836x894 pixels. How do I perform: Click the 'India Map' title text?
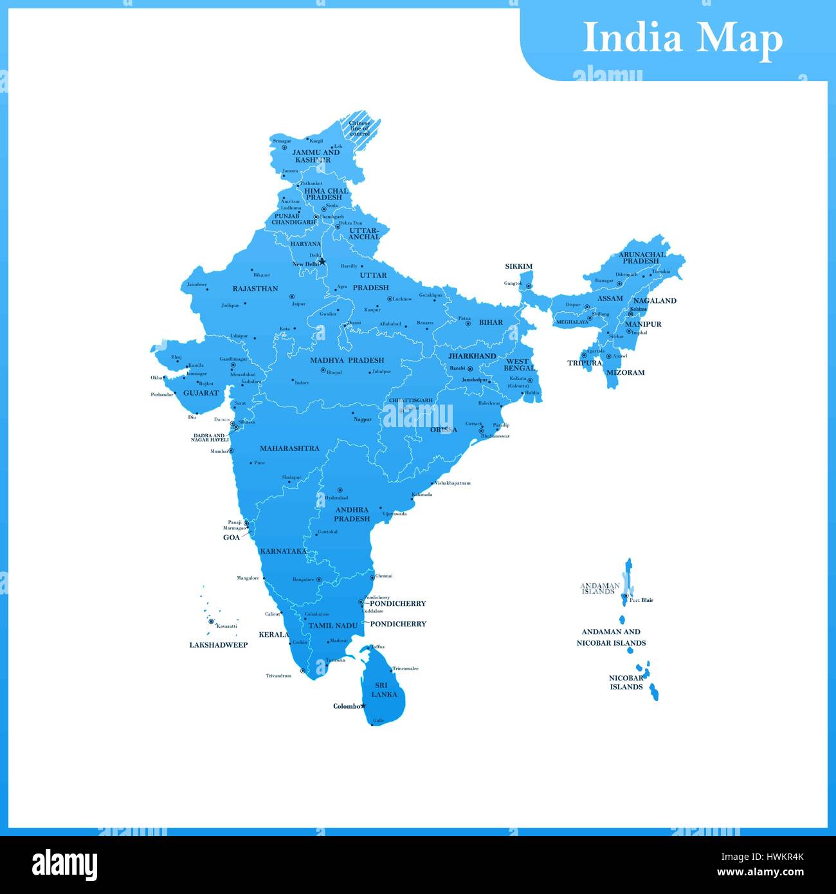click(x=682, y=38)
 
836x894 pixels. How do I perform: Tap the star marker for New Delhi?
click(x=323, y=261)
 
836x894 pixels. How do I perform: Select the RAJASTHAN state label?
click(x=255, y=289)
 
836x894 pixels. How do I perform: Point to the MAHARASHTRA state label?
click(x=289, y=448)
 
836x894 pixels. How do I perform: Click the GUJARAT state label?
click(x=201, y=393)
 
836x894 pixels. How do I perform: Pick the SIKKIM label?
click(x=518, y=266)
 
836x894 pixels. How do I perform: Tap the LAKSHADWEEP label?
click(x=218, y=645)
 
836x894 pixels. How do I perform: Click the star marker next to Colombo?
click(x=363, y=706)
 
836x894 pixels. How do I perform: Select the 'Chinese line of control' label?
click(x=359, y=128)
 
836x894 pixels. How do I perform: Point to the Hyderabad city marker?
click(x=340, y=490)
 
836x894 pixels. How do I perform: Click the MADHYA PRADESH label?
click(x=347, y=360)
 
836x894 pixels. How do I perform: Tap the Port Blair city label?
click(x=641, y=600)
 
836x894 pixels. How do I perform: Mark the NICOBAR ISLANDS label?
click(x=626, y=682)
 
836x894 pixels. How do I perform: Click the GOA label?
click(x=232, y=538)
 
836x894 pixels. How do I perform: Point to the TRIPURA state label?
click(x=584, y=363)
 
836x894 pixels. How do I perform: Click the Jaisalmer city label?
click(x=197, y=284)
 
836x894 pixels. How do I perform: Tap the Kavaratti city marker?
click(x=211, y=621)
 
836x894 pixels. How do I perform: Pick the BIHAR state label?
click(x=491, y=322)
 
